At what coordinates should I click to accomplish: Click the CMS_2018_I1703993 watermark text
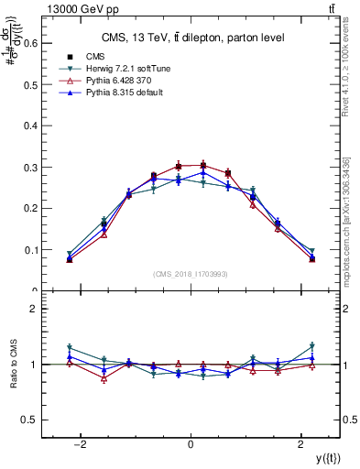coord(191,274)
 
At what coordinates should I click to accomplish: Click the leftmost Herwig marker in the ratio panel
coord(70,347)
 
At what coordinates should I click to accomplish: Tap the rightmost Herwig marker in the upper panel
coord(311,251)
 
